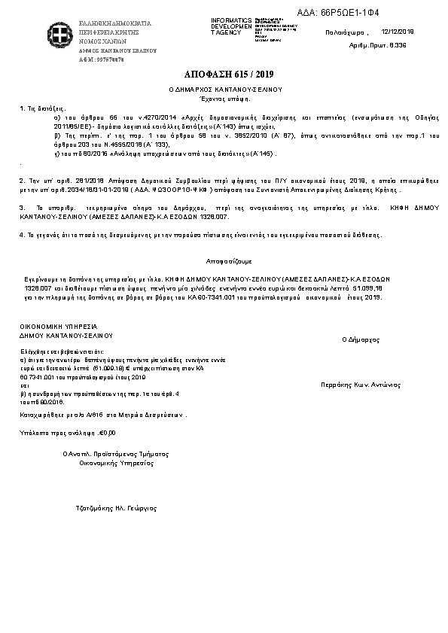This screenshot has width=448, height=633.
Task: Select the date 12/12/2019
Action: pyautogui.click(x=398, y=32)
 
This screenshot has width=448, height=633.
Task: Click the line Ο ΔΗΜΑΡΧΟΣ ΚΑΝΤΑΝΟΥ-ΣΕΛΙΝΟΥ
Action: pyautogui.click(x=224, y=89)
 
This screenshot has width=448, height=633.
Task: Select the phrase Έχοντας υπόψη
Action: pyautogui.click(x=224, y=98)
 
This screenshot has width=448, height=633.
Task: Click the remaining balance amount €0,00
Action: pyautogui.click(x=108, y=433)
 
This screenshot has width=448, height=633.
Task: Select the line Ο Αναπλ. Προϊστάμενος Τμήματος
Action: pyautogui.click(x=116, y=454)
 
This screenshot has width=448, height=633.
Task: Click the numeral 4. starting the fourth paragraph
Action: pyautogui.click(x=20, y=236)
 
